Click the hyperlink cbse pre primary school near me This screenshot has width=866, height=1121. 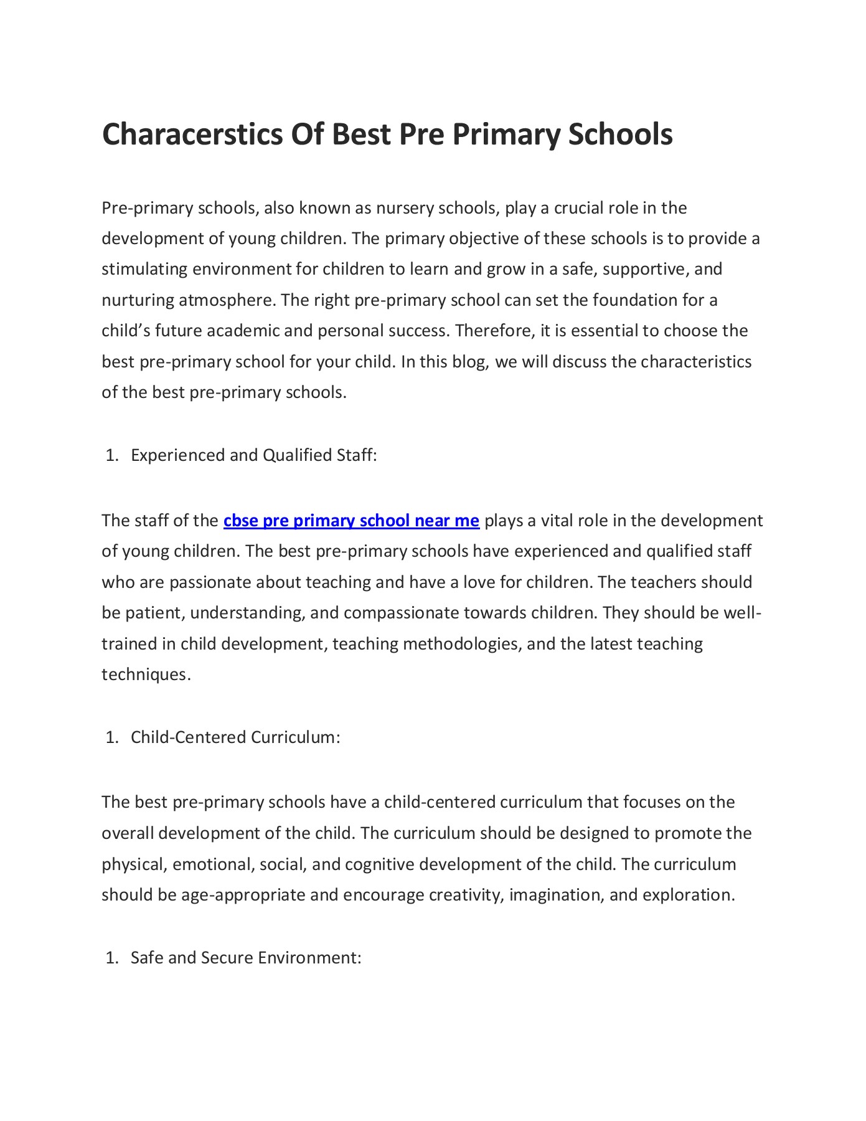tap(351, 521)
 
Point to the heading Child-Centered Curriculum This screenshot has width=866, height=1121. tap(235, 737)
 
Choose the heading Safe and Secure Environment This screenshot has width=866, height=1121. tap(246, 957)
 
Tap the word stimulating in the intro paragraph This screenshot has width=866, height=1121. tap(144, 269)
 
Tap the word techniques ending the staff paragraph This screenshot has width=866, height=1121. tap(144, 674)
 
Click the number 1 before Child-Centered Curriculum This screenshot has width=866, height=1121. tap(111, 737)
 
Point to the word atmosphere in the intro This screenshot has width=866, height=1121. tap(226, 300)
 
